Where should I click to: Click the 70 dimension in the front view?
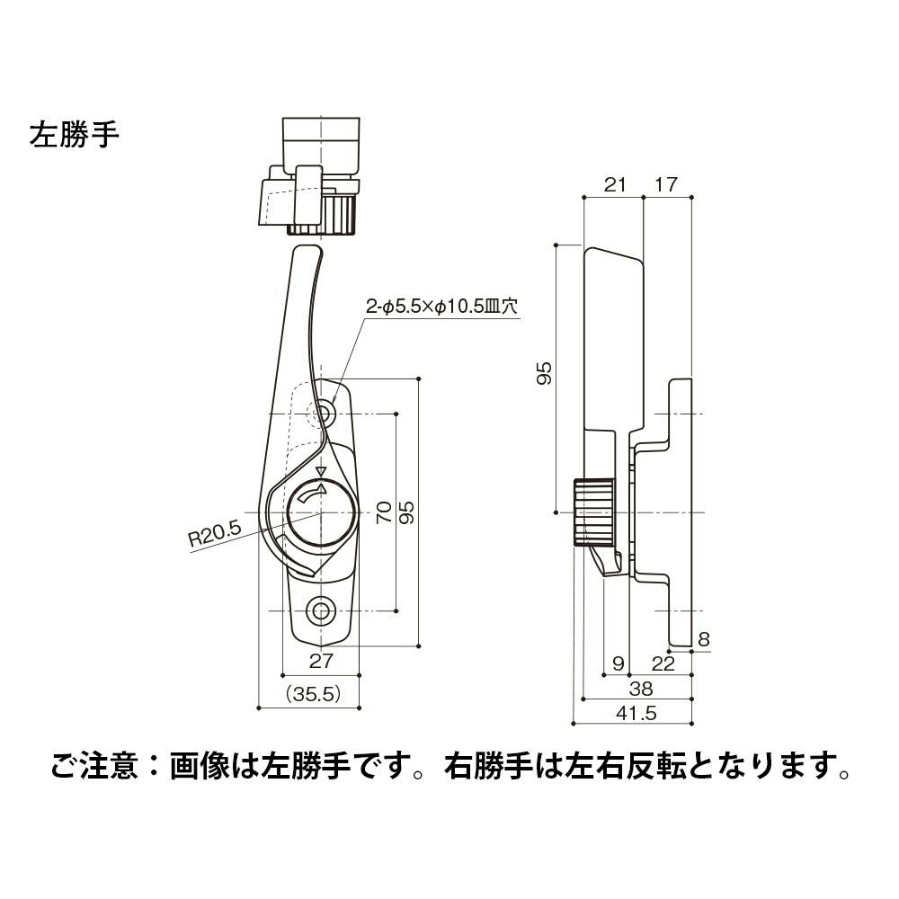(383, 512)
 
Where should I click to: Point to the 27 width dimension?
(321, 662)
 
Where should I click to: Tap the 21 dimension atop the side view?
(614, 184)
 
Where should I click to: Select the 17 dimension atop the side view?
(667, 184)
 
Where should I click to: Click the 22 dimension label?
(663, 663)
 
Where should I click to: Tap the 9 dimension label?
(617, 663)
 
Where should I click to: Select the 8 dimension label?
(704, 639)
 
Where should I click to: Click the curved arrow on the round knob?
(313, 494)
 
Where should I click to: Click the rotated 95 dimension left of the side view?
(542, 374)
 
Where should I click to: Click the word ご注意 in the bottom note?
(94, 766)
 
